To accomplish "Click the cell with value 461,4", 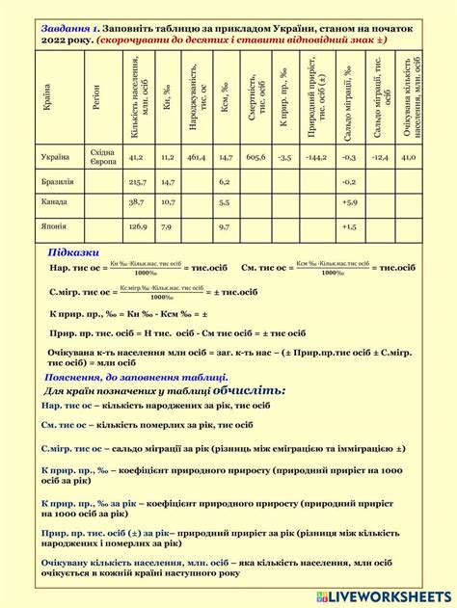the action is [x=197, y=156].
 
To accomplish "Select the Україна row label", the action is [x=55, y=156].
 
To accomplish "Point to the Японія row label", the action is [x=55, y=226].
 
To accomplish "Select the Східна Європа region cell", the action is [x=102, y=156].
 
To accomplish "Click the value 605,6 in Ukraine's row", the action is [x=255, y=156].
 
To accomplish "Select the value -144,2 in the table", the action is [x=315, y=156].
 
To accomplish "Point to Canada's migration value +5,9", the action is [x=349, y=203].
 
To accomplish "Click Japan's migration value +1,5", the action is [x=349, y=226].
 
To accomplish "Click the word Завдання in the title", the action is [x=65, y=30].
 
